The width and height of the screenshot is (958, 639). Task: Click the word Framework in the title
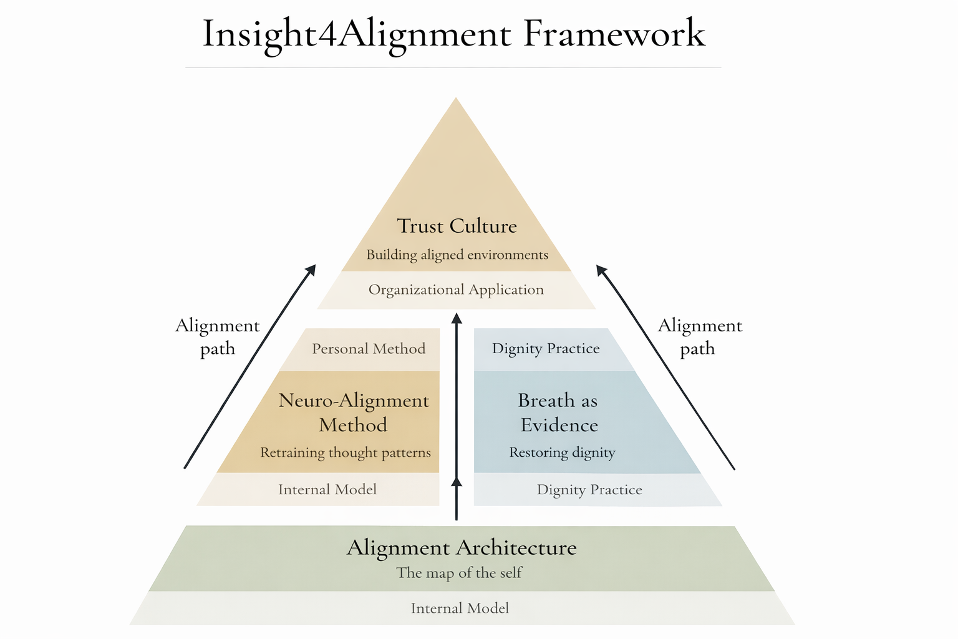click(x=614, y=34)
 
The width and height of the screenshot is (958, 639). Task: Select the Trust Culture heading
click(x=457, y=226)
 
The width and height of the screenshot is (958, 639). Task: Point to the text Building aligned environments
click(x=457, y=255)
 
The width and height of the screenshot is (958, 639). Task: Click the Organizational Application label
click(x=456, y=290)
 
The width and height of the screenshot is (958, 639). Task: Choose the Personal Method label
click(x=369, y=349)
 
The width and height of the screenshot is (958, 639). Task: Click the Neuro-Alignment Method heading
click(x=354, y=412)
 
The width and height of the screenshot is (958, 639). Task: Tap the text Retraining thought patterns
click(x=345, y=452)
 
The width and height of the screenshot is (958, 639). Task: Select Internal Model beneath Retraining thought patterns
click(x=327, y=489)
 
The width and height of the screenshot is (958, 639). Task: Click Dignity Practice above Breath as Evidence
click(x=546, y=349)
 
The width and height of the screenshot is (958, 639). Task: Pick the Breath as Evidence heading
click(x=558, y=412)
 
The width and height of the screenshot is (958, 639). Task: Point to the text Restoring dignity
click(x=562, y=452)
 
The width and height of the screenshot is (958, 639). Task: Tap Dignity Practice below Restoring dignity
click(x=589, y=490)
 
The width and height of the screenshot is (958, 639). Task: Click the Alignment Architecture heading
click(x=462, y=548)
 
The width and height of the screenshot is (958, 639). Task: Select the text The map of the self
click(x=459, y=573)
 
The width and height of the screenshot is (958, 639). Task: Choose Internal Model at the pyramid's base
click(x=460, y=608)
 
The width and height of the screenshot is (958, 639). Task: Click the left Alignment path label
click(x=217, y=337)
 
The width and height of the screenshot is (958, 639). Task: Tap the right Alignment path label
click(x=700, y=337)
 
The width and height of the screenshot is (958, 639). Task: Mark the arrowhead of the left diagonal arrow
click(x=311, y=270)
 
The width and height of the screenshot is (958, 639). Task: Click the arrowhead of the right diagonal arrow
click(x=601, y=270)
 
